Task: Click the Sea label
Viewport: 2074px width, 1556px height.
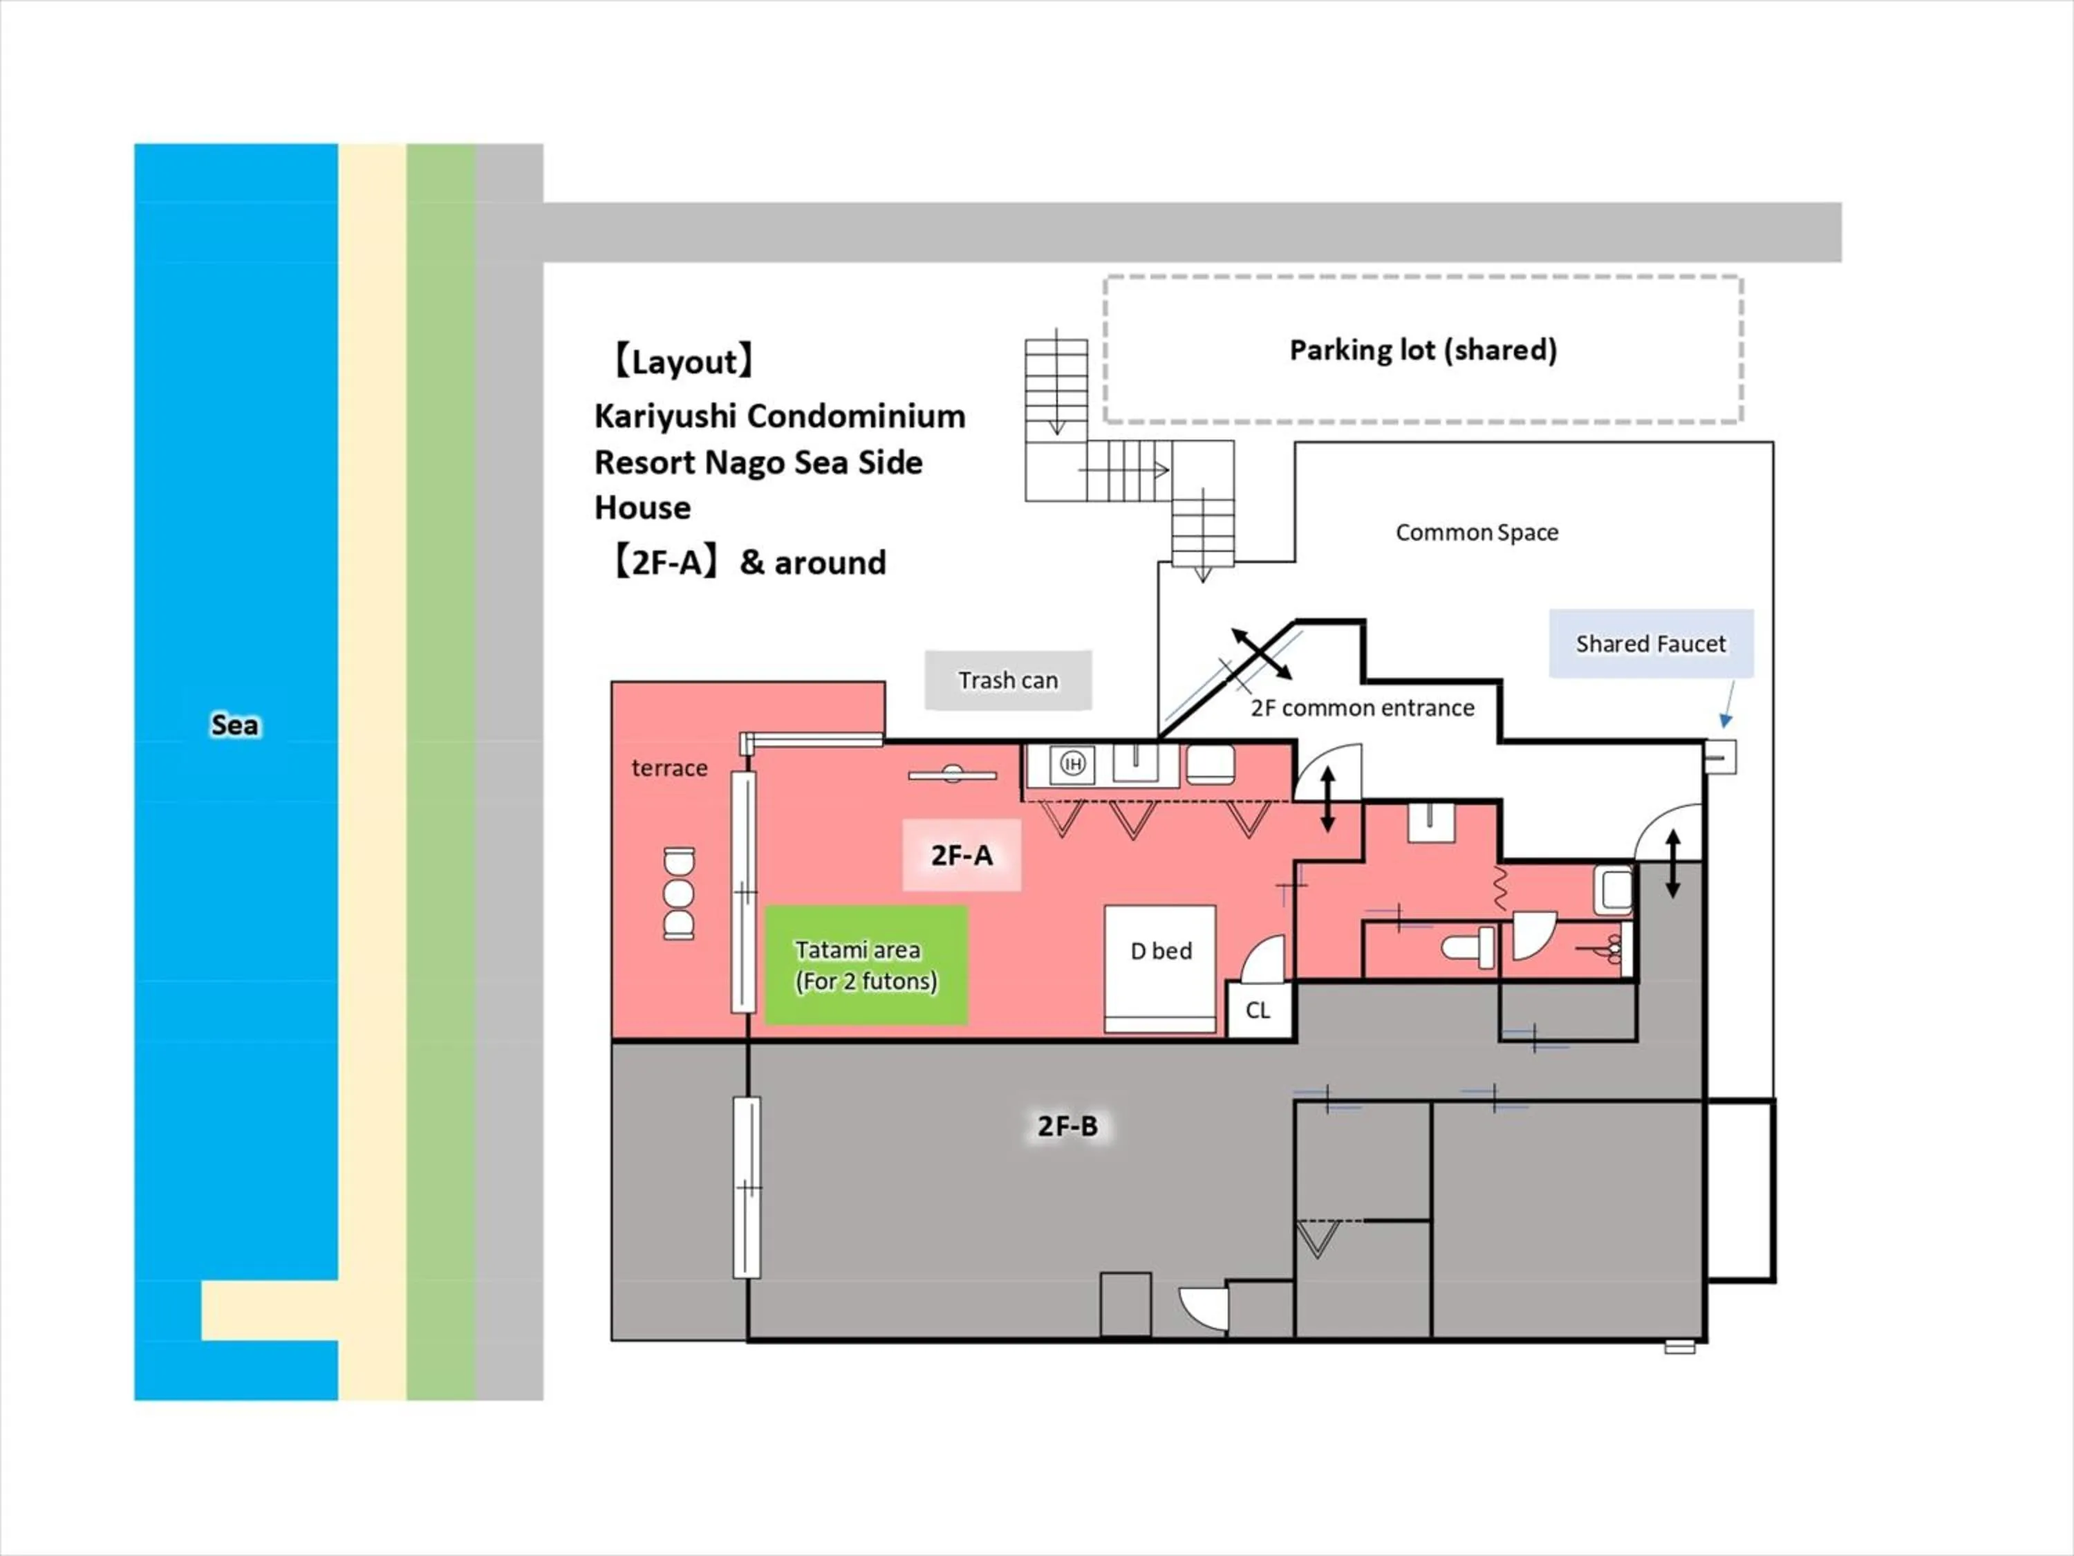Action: [234, 725]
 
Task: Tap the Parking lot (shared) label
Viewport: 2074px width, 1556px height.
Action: [1422, 350]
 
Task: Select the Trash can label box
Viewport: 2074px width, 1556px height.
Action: [1008, 680]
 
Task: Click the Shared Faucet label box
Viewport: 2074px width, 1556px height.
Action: [1650, 643]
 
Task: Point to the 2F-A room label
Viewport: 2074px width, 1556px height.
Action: [961, 855]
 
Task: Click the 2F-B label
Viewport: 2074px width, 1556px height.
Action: [1067, 1125]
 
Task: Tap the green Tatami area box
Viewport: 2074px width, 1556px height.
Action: [866, 965]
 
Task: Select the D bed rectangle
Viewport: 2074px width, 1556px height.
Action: [1160, 968]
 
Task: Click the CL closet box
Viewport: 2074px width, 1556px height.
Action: [1258, 1010]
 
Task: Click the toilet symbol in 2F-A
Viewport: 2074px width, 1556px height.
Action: [1468, 947]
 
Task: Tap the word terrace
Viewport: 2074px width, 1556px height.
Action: [669, 768]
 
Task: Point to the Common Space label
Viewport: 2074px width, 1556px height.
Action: [1477, 532]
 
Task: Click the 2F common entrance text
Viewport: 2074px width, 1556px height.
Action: [1361, 708]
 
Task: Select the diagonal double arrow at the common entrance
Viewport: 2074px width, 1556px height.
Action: [1261, 654]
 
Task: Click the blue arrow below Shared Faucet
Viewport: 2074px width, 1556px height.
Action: [1728, 705]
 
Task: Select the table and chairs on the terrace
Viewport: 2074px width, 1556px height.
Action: [679, 893]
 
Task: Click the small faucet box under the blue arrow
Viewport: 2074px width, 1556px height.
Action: [1719, 756]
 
